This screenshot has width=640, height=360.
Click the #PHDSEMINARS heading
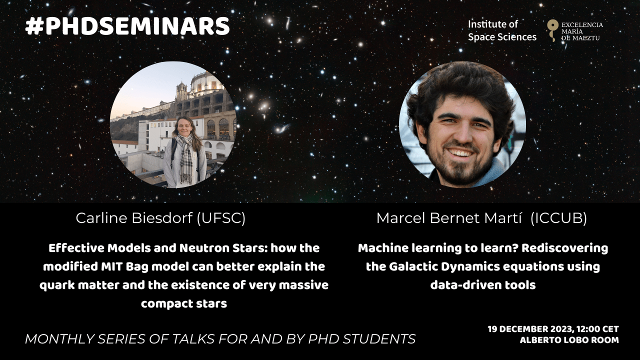click(x=127, y=26)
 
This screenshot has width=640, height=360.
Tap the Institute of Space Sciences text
click(x=502, y=30)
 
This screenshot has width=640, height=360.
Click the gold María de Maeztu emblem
click(x=553, y=30)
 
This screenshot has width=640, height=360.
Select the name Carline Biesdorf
click(x=134, y=218)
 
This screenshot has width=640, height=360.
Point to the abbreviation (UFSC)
click(x=221, y=218)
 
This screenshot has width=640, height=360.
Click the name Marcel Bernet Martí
click(x=449, y=218)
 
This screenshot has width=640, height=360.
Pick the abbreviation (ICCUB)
click(x=558, y=218)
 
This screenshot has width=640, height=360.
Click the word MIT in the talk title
click(x=110, y=266)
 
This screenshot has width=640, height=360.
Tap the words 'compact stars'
click(x=184, y=303)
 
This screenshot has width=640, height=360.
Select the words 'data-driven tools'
click(x=483, y=285)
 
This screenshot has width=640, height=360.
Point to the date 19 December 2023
click(x=530, y=329)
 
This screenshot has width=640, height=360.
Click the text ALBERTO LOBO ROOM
click(x=569, y=340)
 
